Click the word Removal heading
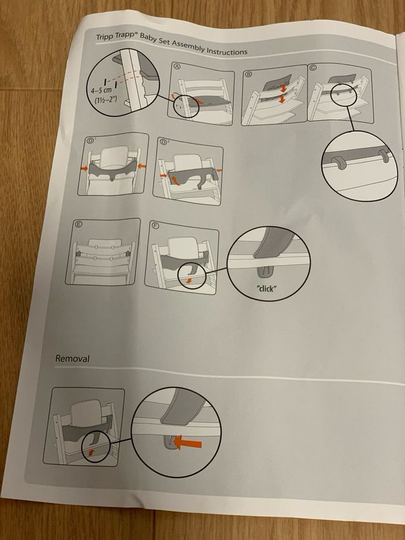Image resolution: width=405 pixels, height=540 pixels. tap(72, 358)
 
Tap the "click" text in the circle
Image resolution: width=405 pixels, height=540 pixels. tap(266, 288)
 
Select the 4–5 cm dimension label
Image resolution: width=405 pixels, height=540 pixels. tap(101, 91)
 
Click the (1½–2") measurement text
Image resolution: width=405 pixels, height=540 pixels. tap(106, 101)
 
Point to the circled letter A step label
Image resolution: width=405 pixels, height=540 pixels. tap(177, 66)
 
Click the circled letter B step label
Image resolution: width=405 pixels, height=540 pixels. tap(248, 73)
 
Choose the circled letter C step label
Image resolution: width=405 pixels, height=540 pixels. tap(313, 68)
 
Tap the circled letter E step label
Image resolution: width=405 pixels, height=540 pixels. tap(79, 225)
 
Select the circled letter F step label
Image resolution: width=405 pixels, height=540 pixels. tap(156, 227)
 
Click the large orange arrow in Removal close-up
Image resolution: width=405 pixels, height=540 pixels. tap(187, 443)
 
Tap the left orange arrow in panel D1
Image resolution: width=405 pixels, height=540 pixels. tap(84, 168)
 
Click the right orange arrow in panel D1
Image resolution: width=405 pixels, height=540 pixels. tap(142, 166)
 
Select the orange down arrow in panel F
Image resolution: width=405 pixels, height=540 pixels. tap(189, 281)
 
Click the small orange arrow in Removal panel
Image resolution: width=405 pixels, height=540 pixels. tap(91, 452)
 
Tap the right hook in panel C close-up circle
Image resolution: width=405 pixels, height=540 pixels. tap(383, 155)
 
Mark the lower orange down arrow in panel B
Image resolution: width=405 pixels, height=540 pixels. tap(282, 99)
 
